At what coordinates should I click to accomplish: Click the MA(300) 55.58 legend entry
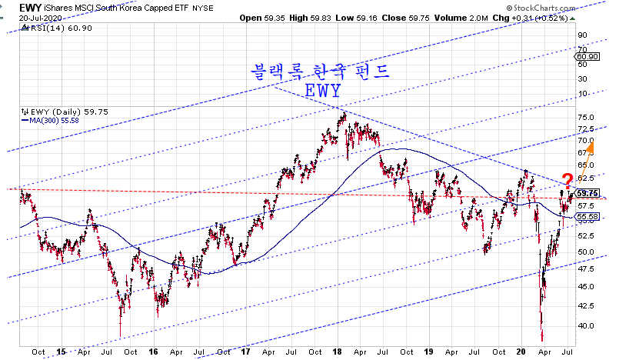pyautogui.click(x=48, y=118)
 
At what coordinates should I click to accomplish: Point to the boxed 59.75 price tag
pyautogui.click(x=588, y=193)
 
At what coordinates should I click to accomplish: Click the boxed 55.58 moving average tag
pyautogui.click(x=588, y=218)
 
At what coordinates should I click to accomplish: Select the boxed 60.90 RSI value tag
pyautogui.click(x=588, y=56)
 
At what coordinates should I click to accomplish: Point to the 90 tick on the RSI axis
pyautogui.click(x=583, y=35)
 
